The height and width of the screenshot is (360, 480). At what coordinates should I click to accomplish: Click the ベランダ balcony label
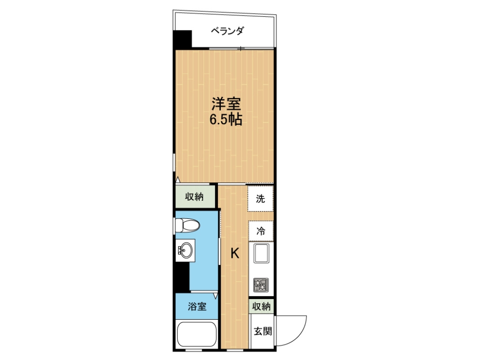point(227,31)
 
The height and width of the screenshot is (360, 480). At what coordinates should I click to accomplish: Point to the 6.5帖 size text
point(225,120)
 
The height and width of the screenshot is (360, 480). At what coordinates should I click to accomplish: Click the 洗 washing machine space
point(261,199)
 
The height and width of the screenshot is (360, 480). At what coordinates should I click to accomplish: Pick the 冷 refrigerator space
point(261,231)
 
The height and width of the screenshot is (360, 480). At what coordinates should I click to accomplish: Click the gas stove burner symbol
point(261,284)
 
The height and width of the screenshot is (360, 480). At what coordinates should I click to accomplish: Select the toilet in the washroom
point(187,226)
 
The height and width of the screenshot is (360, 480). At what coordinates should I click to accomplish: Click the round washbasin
point(186,250)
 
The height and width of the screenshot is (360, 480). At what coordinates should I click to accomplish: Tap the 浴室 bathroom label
point(197,307)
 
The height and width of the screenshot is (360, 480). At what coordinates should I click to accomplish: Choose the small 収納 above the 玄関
point(262,307)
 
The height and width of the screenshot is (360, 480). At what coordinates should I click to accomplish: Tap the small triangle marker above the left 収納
point(178,180)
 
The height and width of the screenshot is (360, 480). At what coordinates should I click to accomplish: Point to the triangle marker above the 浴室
point(215,296)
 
